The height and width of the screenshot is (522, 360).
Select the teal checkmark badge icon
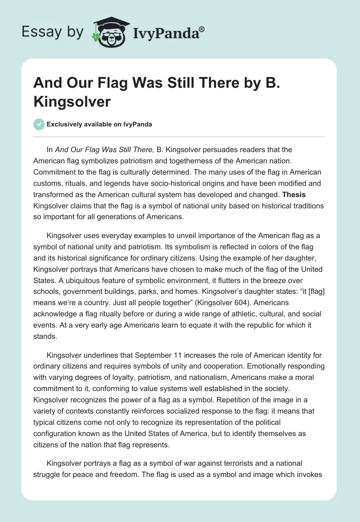pyautogui.click(x=39, y=124)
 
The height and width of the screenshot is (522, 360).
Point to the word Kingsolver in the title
pyautogui.click(x=72, y=101)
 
